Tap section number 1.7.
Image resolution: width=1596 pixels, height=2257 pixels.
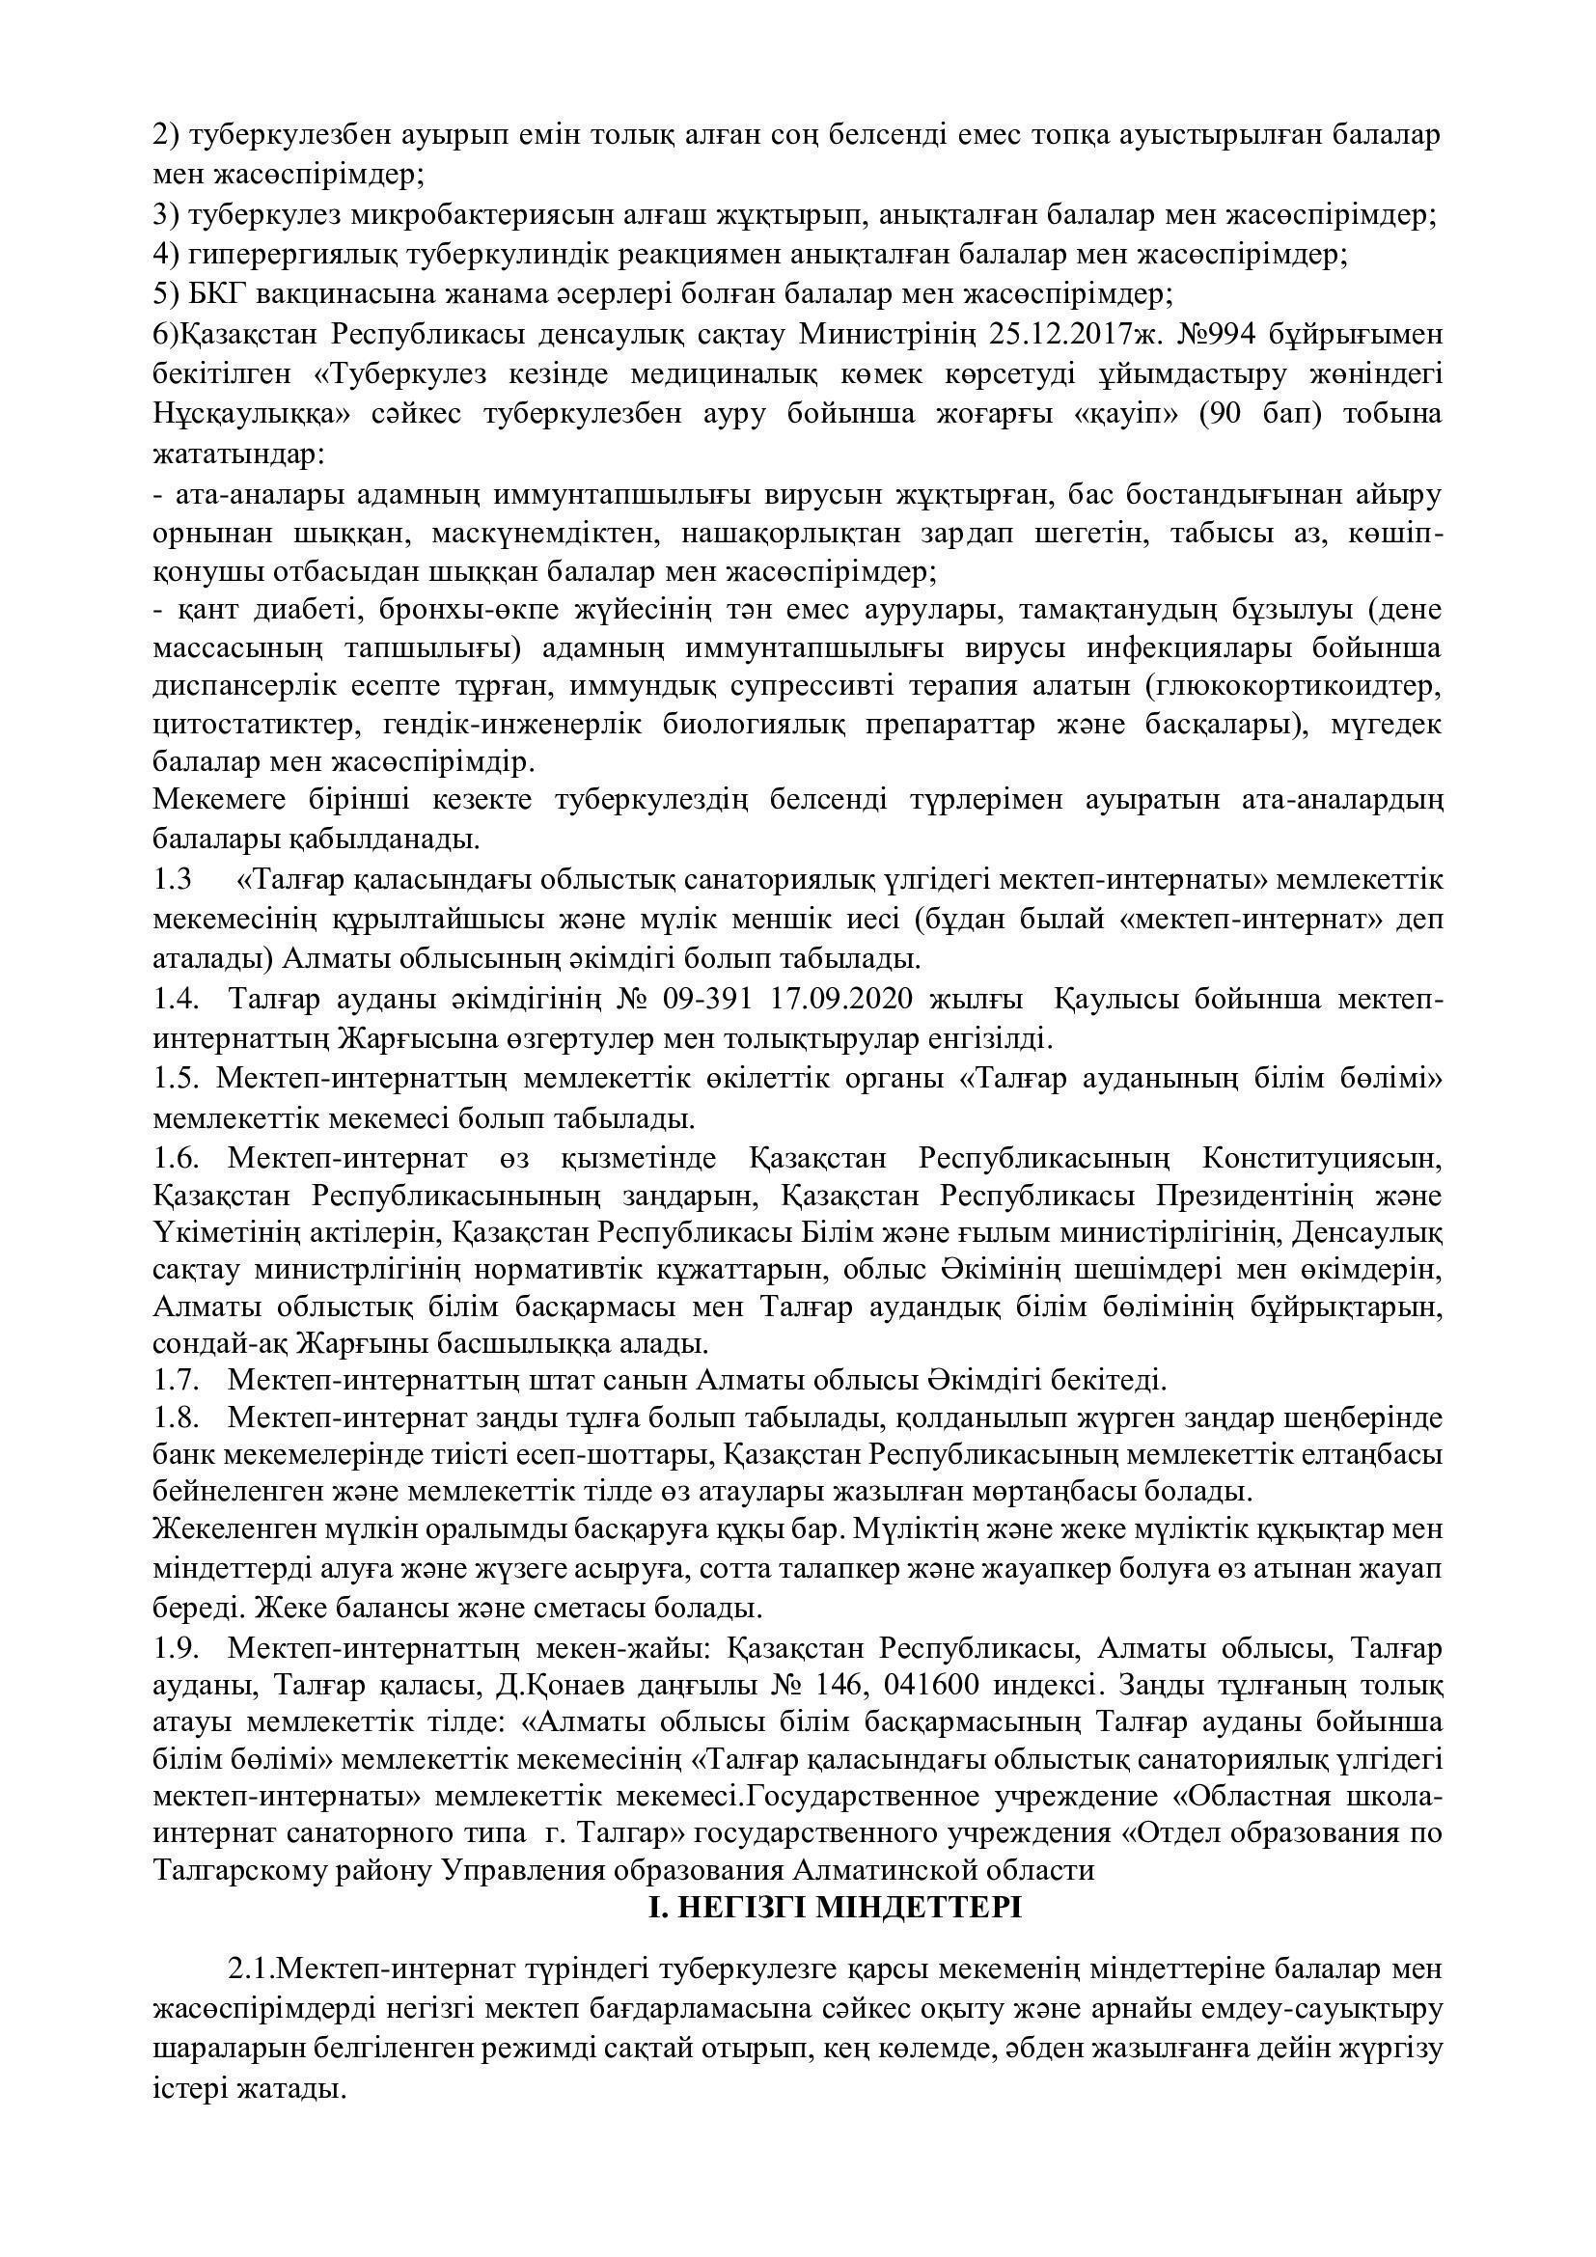(176, 1380)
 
